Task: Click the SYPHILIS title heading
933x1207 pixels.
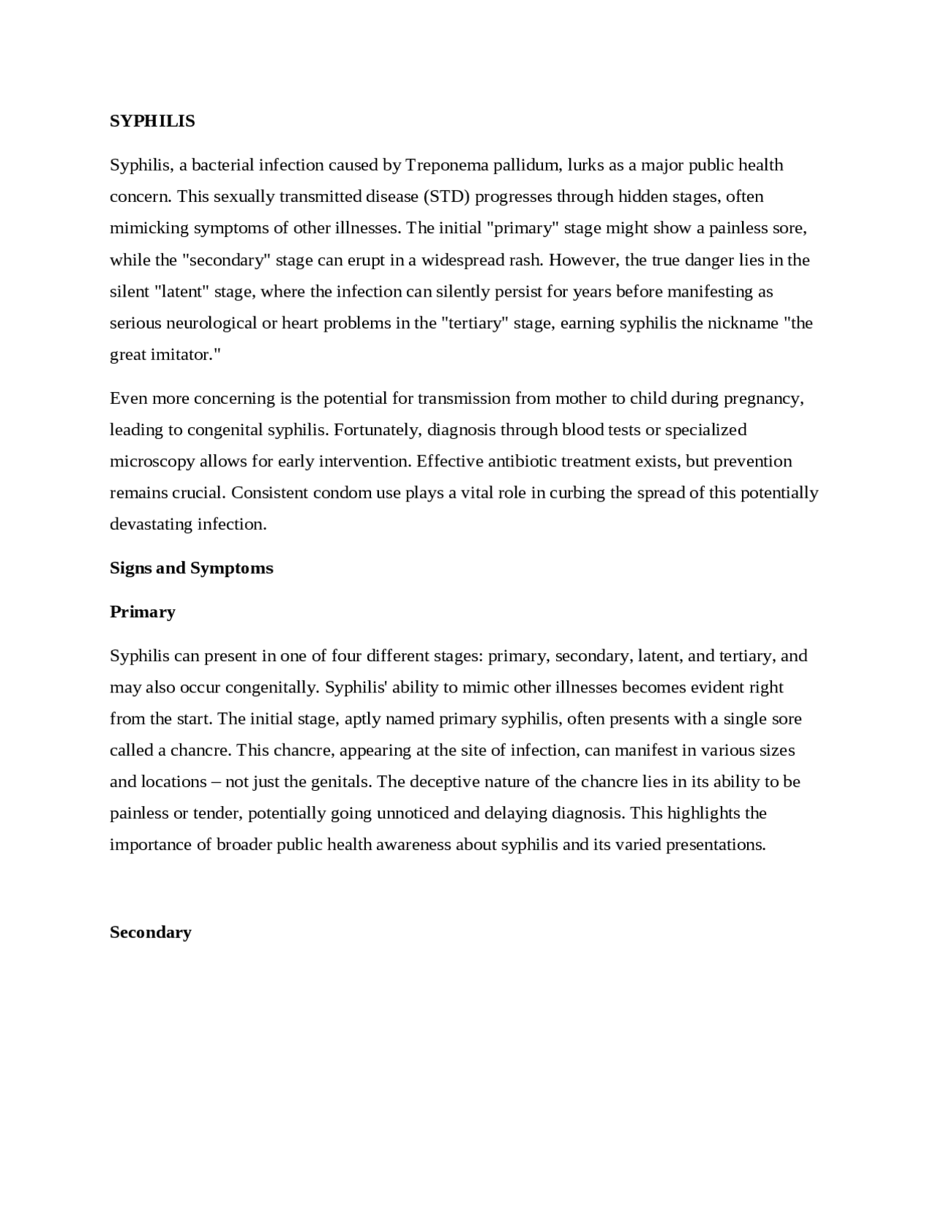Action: [x=152, y=121]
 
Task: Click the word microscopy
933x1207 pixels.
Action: [x=152, y=461]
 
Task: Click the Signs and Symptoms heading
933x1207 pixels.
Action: [x=191, y=568]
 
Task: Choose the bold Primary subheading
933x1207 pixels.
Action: [x=142, y=612]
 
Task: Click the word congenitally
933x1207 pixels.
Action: [x=272, y=687]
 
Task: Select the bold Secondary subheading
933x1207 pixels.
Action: [x=150, y=932]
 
